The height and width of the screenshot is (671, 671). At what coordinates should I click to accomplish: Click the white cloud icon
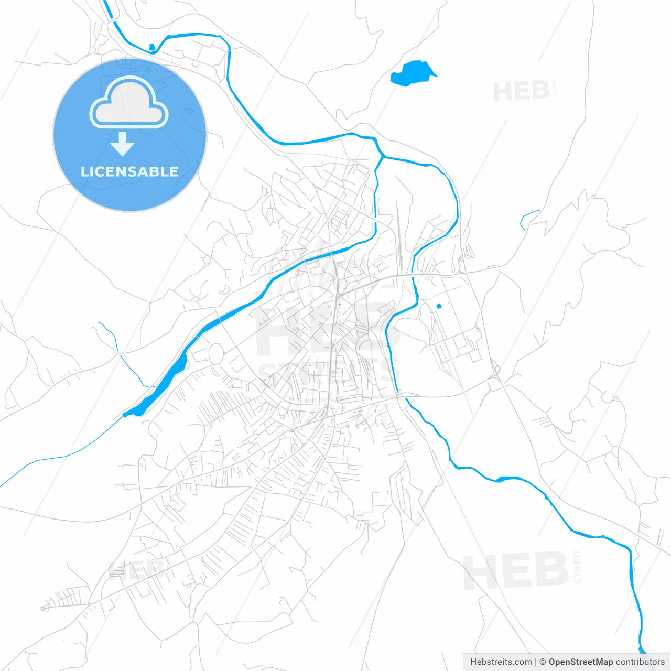129,103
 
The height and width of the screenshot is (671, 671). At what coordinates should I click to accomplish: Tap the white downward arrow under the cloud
123,144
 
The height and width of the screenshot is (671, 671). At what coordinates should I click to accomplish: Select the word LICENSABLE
129,171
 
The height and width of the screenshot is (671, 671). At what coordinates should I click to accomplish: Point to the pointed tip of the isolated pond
436,76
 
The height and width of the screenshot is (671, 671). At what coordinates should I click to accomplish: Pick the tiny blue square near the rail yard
439,306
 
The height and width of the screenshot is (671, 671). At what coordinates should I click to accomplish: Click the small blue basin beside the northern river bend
152,48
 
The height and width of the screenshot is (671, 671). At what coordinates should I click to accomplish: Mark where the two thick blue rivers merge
382,156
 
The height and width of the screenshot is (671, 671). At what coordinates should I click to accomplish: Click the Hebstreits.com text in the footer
501,662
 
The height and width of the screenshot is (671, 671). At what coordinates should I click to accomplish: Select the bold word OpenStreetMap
580,662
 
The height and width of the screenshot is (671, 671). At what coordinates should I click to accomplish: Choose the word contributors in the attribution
640,662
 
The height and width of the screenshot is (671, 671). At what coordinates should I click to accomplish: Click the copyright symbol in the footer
543,662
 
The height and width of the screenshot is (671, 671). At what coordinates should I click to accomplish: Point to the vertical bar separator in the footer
536,662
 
